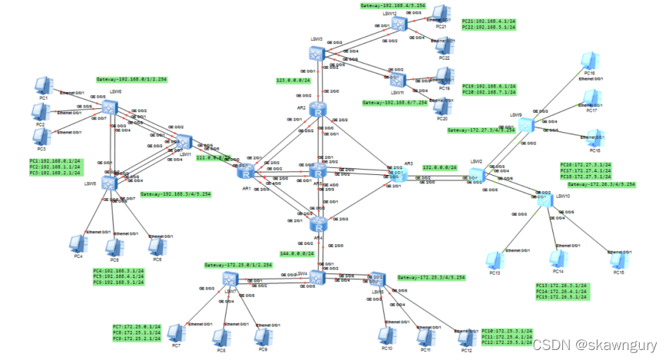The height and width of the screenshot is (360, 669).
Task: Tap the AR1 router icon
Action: (x=246, y=173)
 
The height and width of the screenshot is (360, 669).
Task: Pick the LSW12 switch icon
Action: (x=398, y=25)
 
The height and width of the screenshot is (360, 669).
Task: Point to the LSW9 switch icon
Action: (x=526, y=124)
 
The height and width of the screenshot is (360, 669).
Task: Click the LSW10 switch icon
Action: (x=543, y=201)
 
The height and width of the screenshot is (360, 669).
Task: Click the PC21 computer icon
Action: (x=440, y=14)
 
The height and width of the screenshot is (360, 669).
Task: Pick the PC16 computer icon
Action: (x=589, y=60)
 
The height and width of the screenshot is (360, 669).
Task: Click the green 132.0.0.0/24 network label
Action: (x=439, y=167)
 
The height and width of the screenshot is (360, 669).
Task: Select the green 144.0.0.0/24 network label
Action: (x=296, y=253)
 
